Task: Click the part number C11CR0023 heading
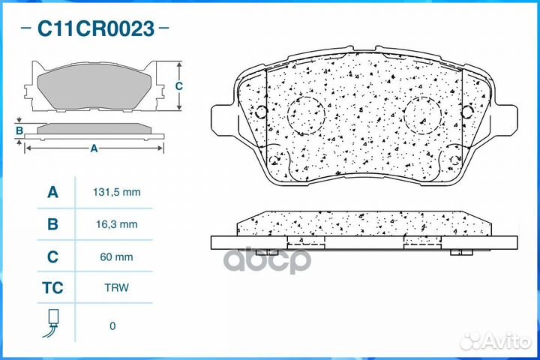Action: click(96, 28)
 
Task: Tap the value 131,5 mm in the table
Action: click(117, 192)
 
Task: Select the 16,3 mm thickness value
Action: click(117, 224)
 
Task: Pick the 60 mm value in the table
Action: click(116, 257)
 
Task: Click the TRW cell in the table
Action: click(117, 288)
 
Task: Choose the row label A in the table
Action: click(52, 192)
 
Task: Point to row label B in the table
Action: click(52, 224)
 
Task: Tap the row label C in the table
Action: click(52, 256)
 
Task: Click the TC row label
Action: click(52, 288)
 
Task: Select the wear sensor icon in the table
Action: click(52, 322)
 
